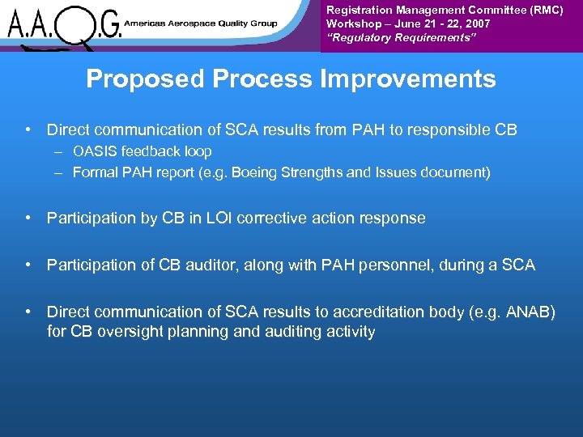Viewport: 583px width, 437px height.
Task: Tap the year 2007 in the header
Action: (x=477, y=24)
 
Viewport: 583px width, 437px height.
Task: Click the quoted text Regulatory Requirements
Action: (x=387, y=38)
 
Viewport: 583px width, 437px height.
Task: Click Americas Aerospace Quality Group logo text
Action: (x=200, y=24)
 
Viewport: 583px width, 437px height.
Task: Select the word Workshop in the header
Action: (x=353, y=24)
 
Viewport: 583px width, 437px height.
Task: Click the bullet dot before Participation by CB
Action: (x=28, y=218)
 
